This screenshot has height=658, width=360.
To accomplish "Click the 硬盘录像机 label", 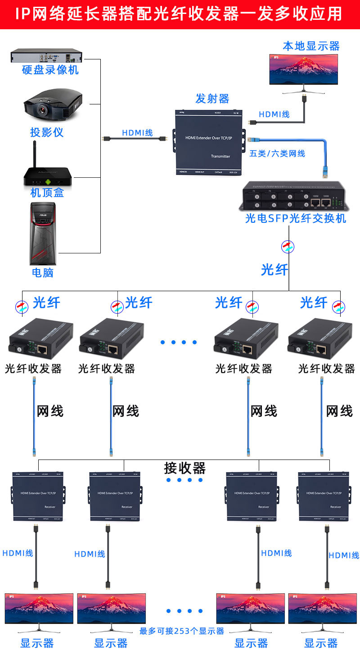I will click(x=50, y=70).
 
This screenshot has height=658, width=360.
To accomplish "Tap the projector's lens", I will click(x=43, y=109).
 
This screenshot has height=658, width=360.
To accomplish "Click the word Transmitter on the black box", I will click(x=220, y=157).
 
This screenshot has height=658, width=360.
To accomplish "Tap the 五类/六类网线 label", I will click(x=277, y=153).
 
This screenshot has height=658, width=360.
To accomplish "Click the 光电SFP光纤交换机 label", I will click(x=295, y=218).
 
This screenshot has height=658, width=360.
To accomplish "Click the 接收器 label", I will click(x=184, y=468).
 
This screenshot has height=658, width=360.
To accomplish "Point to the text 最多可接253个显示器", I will click(x=182, y=631).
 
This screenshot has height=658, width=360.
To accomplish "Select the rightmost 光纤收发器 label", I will click(x=327, y=369).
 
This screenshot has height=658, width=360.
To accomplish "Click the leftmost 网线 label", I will click(x=50, y=410).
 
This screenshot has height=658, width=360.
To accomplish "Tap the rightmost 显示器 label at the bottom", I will click(x=321, y=643).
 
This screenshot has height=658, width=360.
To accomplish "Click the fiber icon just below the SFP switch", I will click(x=288, y=246).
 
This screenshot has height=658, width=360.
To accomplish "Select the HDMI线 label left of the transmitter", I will click(x=138, y=133).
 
